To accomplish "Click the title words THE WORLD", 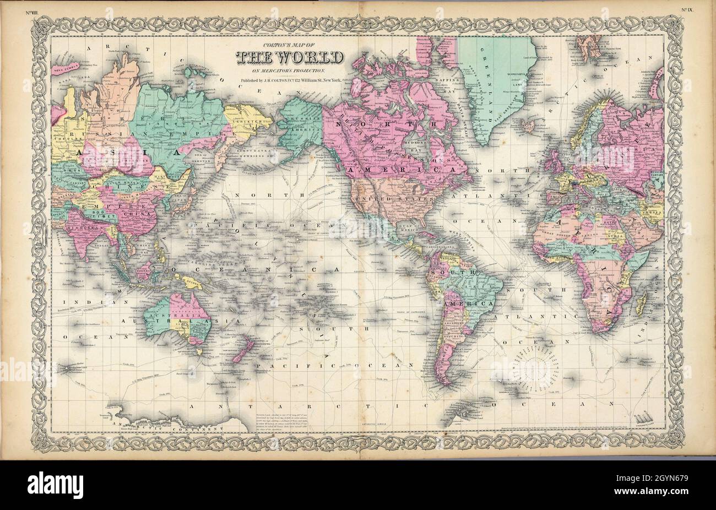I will [290, 58].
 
